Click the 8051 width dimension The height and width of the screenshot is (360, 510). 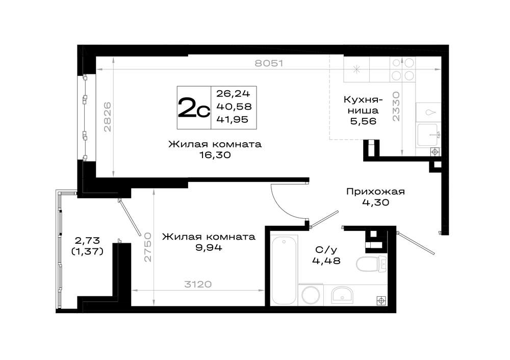pos(269,63)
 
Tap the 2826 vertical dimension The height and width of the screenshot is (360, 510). pos(107,117)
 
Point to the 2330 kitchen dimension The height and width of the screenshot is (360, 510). pos(396,107)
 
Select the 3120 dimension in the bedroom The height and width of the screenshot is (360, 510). pos(198,284)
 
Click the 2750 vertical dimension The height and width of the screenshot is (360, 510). pos(148,247)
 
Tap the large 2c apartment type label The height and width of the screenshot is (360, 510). pos(193,108)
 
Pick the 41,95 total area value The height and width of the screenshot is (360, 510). pos(232,119)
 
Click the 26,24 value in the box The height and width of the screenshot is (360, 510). pos(233,94)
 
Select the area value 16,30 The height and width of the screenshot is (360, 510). pos(215,155)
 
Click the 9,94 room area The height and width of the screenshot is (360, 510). pos(209,247)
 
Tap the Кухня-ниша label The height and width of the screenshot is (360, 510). pos(363,105)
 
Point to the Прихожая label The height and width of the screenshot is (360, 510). pos(375,192)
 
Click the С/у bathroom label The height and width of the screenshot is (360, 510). pos(326,250)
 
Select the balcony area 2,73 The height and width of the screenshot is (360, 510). pos(87,241)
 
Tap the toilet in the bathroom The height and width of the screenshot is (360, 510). pos(371,264)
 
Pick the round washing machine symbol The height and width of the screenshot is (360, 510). pos(312,295)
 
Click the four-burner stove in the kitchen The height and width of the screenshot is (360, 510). pos(403,69)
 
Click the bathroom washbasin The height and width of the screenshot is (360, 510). pos(342,295)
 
